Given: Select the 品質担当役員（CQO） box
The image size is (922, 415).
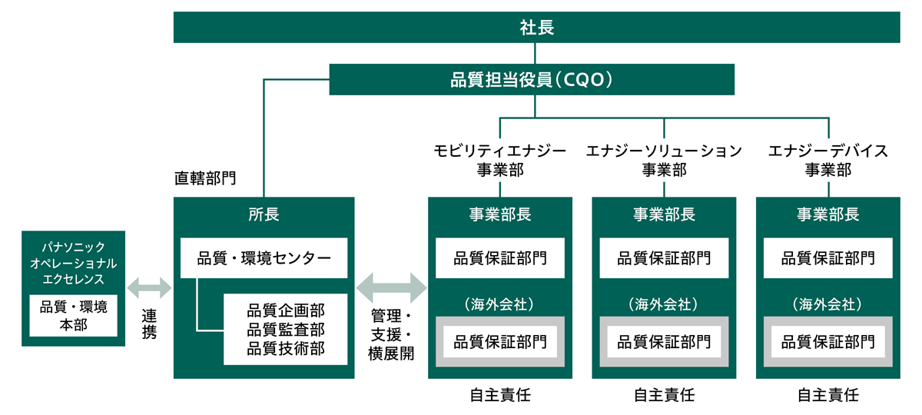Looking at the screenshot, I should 532,79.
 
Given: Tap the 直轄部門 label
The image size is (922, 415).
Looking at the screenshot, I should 205,179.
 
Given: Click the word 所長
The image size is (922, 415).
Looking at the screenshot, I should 264,214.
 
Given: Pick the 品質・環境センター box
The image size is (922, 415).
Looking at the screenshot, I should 264,258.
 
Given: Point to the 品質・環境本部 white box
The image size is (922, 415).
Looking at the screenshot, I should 74,315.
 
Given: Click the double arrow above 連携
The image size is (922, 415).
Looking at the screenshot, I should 150,290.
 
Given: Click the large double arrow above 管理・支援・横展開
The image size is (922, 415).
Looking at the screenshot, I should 391,287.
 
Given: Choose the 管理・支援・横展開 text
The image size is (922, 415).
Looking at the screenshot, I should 391,335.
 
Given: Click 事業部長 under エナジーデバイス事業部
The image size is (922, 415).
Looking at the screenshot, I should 828,214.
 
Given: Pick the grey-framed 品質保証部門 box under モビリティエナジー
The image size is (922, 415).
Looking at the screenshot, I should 500,341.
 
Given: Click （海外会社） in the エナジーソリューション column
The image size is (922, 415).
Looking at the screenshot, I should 665,304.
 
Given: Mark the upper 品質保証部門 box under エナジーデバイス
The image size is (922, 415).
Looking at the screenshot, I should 828,258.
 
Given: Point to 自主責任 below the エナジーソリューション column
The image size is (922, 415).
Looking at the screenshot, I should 665,396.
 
